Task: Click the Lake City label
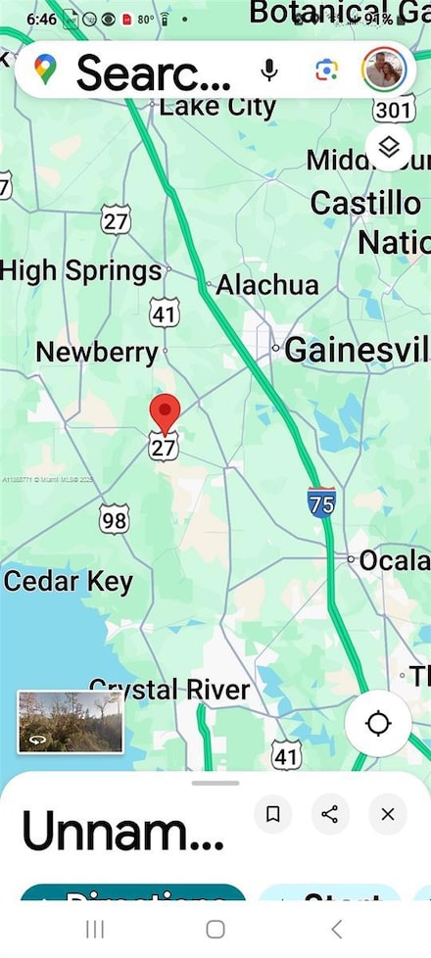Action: coord(217,106)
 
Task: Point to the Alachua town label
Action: coord(266,285)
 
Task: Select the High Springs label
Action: coord(81,270)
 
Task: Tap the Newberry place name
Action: coord(97,352)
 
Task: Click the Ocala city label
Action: coord(393,561)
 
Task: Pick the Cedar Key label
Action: coord(69,581)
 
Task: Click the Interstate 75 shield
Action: coord(321,502)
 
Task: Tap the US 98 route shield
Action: coord(114,518)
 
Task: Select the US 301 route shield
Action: coord(394,109)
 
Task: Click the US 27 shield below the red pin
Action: coord(164,448)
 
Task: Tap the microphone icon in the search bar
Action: coord(267,70)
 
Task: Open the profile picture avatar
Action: coord(383,70)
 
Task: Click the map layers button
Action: coord(390,148)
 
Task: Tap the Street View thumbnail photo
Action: coord(71,721)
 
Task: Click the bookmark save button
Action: coord(273,813)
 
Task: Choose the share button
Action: coord(330,813)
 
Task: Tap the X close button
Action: coord(388,813)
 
